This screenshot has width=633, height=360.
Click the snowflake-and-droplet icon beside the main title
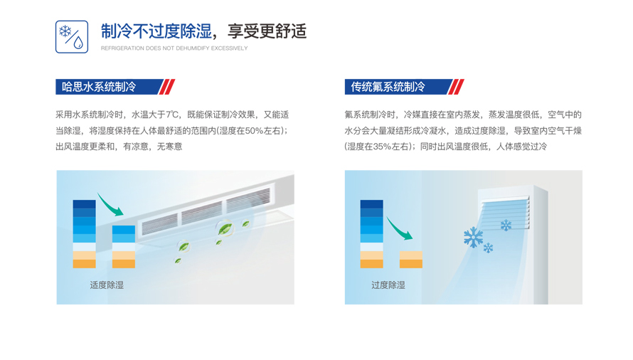[72, 37]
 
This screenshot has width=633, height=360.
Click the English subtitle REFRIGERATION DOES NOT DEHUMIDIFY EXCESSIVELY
[174, 48]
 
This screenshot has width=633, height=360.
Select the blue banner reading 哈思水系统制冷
[107, 87]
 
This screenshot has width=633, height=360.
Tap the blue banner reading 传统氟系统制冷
[395, 87]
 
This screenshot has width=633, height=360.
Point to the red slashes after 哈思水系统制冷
[166, 87]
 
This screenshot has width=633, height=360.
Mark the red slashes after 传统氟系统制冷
[456, 87]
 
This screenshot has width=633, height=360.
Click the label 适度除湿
[107, 285]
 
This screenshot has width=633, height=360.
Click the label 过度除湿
[388, 285]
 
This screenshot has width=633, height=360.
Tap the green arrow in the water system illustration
[110, 204]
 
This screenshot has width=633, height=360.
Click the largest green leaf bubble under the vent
[225, 228]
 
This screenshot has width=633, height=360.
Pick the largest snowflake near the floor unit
[473, 237]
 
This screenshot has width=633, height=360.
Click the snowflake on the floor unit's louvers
[506, 226]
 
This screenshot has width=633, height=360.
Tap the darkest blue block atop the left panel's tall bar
[84, 204]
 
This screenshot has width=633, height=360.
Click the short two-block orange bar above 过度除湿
[410, 259]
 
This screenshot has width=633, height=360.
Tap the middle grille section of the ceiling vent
[202, 212]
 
